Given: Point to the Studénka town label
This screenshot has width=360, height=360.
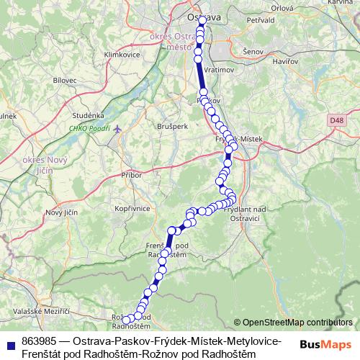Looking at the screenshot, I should click(89, 114).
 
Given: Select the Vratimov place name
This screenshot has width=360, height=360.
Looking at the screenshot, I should click(216, 71).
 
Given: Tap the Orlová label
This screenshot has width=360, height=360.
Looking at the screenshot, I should click(282, 8).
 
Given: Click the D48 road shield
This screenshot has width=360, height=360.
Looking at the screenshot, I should click(337, 120).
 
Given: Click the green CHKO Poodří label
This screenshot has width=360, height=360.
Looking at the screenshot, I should click(89, 128).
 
